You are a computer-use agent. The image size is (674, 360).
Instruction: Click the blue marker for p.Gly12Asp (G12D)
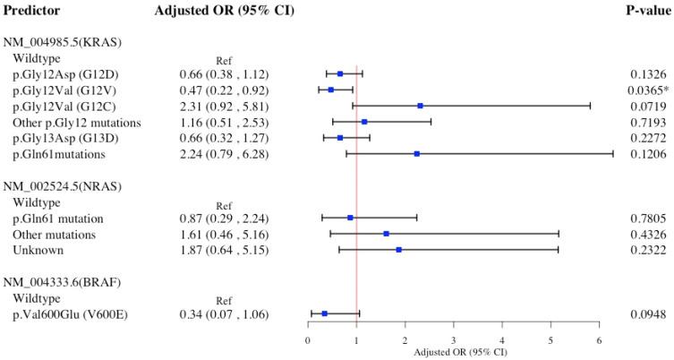coord(340,73)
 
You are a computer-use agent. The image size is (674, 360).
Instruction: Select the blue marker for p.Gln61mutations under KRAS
coord(416,154)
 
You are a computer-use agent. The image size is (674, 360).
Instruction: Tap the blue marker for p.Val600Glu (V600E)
coord(324,313)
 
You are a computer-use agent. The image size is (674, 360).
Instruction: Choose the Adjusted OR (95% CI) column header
coord(211,12)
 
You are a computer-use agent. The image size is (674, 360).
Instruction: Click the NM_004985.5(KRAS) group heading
coord(63,42)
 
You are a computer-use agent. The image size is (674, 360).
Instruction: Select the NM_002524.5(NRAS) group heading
coord(63,186)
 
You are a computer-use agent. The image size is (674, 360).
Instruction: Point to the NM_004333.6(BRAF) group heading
coord(62,282)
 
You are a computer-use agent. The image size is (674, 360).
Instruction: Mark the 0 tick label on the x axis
coord(308,341)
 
